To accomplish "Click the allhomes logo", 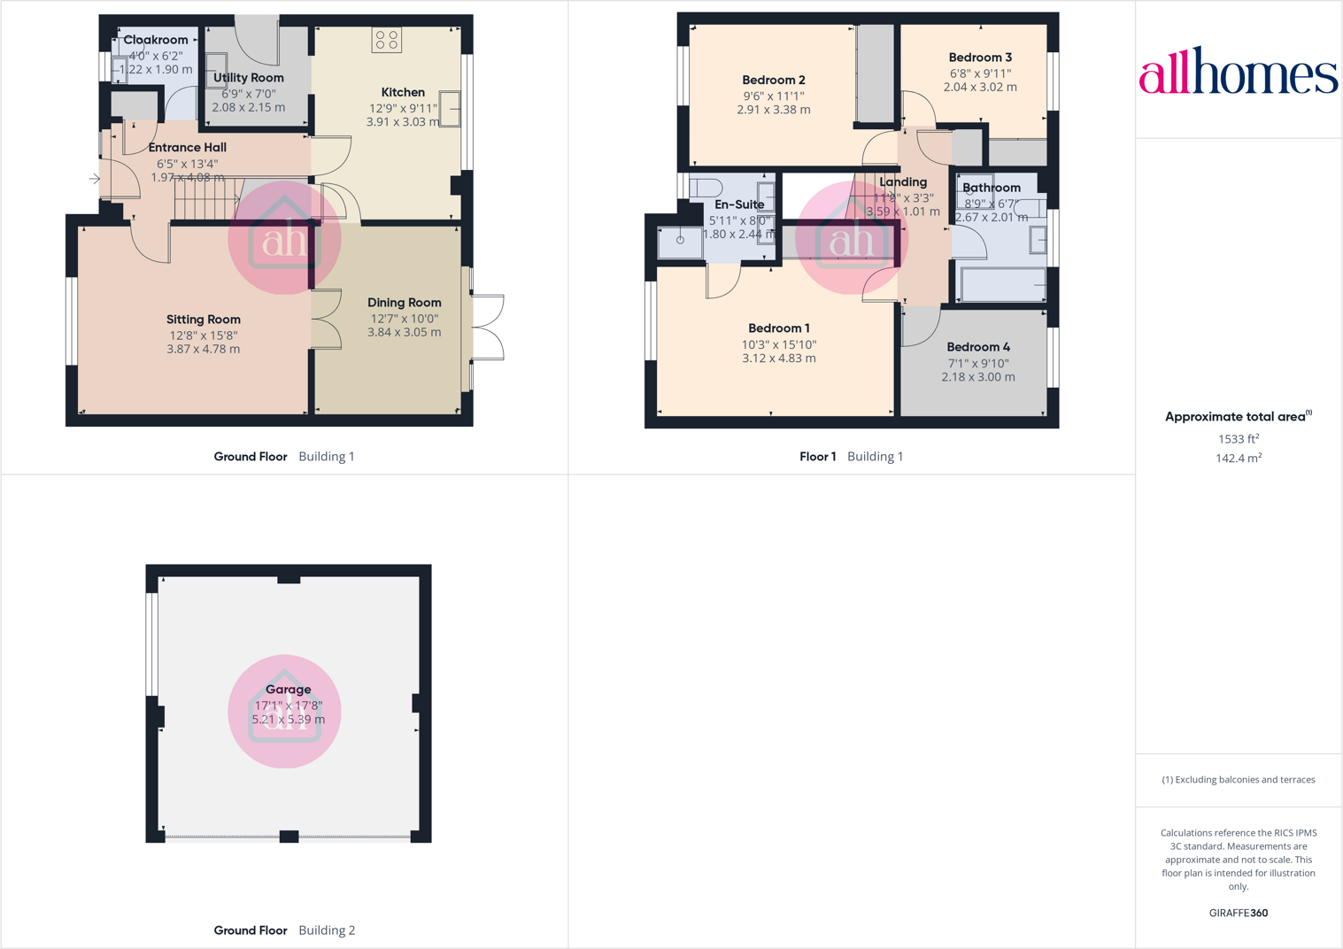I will (1238, 71).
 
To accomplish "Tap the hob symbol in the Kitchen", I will (387, 40).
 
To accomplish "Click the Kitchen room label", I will (403, 92).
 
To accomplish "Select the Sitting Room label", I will (204, 320).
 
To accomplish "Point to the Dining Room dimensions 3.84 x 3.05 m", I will (404, 333).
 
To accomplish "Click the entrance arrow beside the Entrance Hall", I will (95, 179).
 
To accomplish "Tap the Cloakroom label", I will (156, 40).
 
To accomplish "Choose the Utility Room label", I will (249, 78).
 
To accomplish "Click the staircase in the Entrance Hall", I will (207, 198).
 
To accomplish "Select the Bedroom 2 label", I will (774, 80).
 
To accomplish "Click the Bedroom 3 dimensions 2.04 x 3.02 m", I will (980, 88).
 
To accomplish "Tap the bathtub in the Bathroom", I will (1002, 285).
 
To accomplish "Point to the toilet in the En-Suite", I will (706, 188).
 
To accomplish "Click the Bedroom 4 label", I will (978, 347).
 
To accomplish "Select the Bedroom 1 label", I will (779, 328).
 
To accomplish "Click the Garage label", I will (289, 690).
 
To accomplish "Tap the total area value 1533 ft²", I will (1239, 439).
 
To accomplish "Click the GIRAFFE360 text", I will (1238, 913).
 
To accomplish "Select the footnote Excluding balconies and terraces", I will (1238, 780).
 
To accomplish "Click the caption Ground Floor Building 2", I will (284, 930).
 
